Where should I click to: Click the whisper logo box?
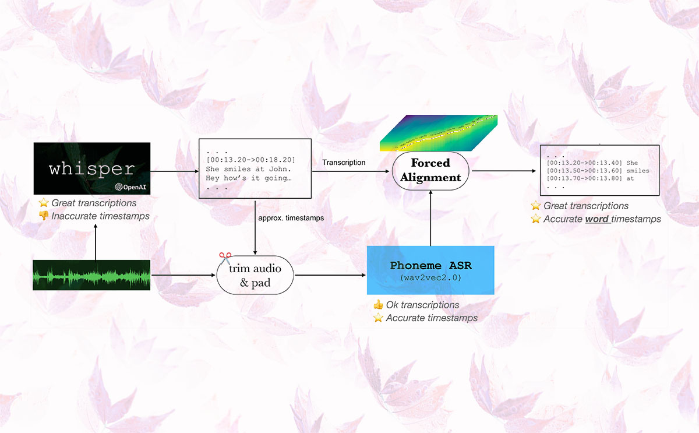point(92,168)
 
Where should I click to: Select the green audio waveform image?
point(92,274)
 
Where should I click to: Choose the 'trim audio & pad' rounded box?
point(255,274)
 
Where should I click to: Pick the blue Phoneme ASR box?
point(430,270)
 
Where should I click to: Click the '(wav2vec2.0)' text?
point(430,278)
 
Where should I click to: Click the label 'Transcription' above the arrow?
point(344,163)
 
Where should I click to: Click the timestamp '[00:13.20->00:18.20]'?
point(250,160)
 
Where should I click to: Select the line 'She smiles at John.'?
point(243,169)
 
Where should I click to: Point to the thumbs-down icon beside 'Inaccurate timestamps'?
point(43,216)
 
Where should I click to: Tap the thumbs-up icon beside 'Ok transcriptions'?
point(378,305)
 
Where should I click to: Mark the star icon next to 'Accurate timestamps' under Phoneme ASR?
point(378,318)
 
